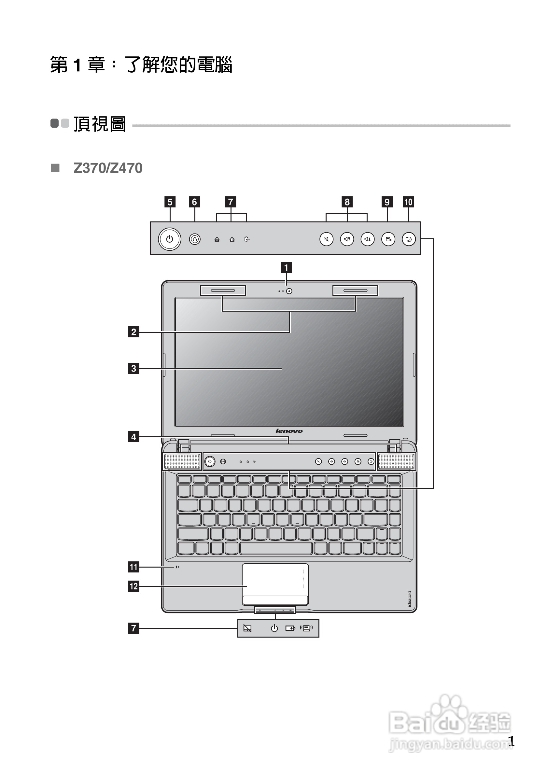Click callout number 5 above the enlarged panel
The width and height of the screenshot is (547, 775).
click(170, 202)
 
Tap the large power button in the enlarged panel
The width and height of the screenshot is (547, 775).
click(169, 239)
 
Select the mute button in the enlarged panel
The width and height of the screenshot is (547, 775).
click(326, 239)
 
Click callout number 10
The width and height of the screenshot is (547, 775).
click(408, 202)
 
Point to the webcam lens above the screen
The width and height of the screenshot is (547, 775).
click(289, 291)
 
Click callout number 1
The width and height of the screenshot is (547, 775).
click(286, 268)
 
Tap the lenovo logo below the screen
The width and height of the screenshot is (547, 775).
click(289, 431)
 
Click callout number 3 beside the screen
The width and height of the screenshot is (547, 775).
click(133, 368)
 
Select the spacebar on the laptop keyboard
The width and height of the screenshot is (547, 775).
click(276, 548)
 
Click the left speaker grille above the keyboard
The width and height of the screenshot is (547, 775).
click(182, 461)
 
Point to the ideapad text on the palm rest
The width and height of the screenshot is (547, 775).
click(409, 599)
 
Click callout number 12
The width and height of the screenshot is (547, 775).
click(133, 586)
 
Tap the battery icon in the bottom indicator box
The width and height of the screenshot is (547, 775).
click(290, 628)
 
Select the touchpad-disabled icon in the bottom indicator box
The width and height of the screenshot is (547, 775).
click(247, 628)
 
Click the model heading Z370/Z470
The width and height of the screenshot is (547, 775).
click(108, 168)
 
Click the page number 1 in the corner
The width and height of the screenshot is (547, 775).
click(511, 741)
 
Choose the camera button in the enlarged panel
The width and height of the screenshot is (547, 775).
click(388, 239)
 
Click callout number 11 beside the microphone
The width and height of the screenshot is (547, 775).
click(133, 567)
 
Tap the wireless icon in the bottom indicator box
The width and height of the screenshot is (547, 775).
click(306, 628)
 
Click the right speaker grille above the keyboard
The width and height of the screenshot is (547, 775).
click(396, 461)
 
